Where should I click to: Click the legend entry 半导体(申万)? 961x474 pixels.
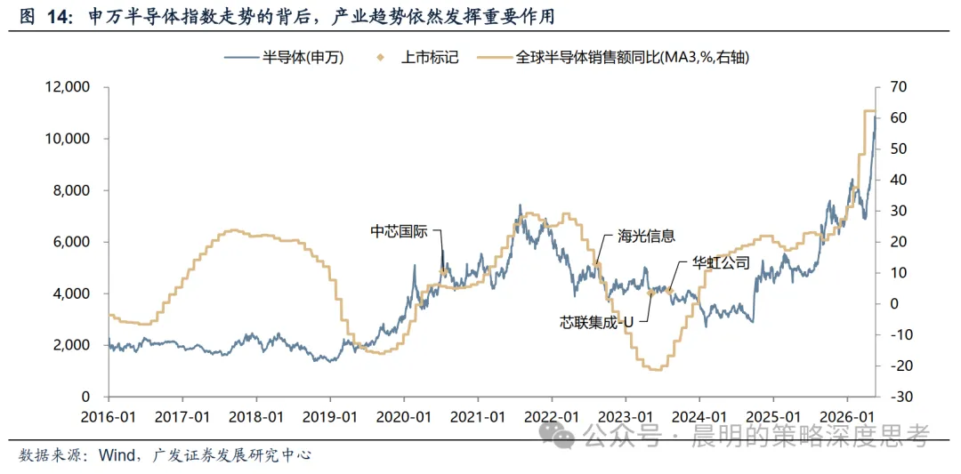284,58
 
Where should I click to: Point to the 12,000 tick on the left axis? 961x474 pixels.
68,87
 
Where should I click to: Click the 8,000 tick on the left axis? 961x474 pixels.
72,191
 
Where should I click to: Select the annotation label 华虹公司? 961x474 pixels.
720,262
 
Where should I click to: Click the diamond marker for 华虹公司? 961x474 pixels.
670,291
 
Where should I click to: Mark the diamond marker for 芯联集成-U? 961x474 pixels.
650,293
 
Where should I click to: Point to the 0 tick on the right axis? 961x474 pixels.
889,304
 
